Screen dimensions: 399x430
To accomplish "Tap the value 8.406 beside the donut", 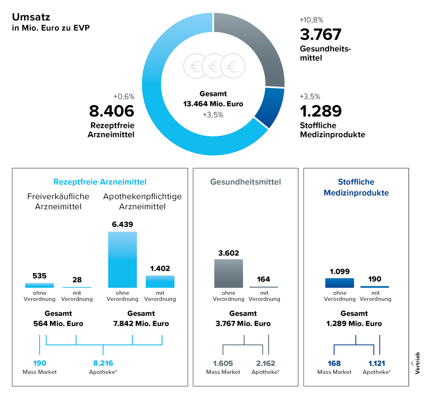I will [111, 111].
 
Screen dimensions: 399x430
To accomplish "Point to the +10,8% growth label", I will [311, 20].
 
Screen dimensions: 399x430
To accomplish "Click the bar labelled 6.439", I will [123, 260].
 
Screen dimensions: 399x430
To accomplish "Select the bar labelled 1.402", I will [160, 281].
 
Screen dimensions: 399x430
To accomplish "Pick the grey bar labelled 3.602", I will [229, 273].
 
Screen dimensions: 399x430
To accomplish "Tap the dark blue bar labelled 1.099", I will [339, 283].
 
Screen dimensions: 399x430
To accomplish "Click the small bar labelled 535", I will [39, 285].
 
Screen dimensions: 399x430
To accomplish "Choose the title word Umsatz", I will [31, 17].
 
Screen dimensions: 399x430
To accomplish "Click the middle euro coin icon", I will [214, 66].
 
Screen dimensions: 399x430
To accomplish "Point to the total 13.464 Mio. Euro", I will [213, 104].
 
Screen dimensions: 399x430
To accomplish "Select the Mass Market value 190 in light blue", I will [39, 363].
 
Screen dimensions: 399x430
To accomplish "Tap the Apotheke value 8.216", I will [103, 363].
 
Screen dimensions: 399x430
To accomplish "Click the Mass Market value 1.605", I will [223, 363].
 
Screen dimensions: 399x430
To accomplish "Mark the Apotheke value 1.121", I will [377, 363].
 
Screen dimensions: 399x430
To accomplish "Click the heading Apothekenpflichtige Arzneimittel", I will [142, 201].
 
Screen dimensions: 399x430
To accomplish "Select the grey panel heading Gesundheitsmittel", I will [245, 182].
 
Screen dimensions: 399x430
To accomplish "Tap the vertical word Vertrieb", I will [417, 363].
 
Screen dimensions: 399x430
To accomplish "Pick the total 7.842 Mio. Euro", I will [141, 323].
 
